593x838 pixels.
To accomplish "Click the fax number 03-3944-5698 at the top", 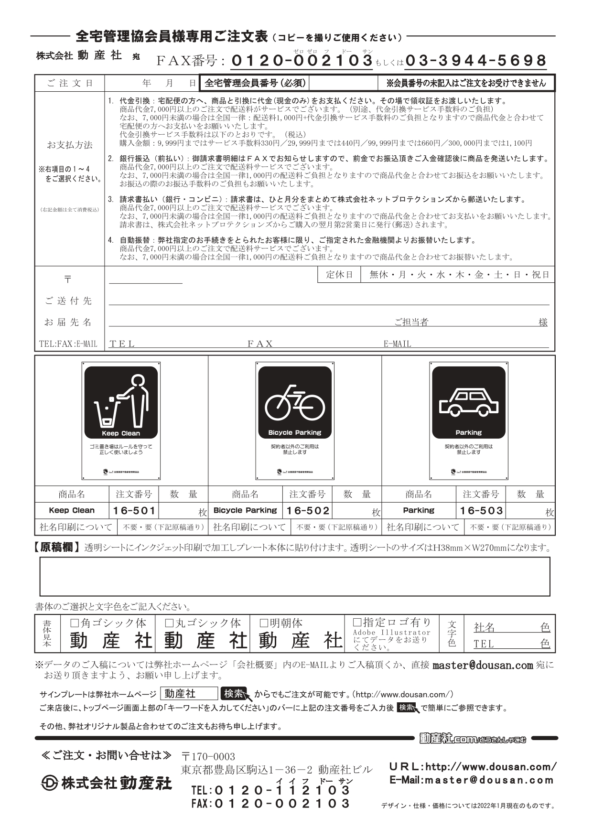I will pos(475,60).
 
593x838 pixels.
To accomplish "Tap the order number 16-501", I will pos(134,511).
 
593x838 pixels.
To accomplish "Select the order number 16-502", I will pos(308,511).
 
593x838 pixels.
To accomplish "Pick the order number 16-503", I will pos(481,511).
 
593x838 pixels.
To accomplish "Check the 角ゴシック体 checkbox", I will pos(75,623).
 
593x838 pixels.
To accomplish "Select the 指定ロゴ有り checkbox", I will pos(357,623).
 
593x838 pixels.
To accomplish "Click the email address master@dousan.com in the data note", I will pos(482,665).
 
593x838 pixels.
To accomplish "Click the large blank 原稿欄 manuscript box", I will pos(294,577).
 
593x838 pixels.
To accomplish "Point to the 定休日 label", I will pos(339,275).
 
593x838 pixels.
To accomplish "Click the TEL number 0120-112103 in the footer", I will pos(282,790).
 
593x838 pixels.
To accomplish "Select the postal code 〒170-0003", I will pos(208,757).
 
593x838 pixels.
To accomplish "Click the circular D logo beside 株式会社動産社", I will pos(49,784).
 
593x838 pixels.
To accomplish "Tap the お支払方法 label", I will pos(70,145).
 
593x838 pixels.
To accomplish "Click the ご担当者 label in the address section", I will pos(411,322).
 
